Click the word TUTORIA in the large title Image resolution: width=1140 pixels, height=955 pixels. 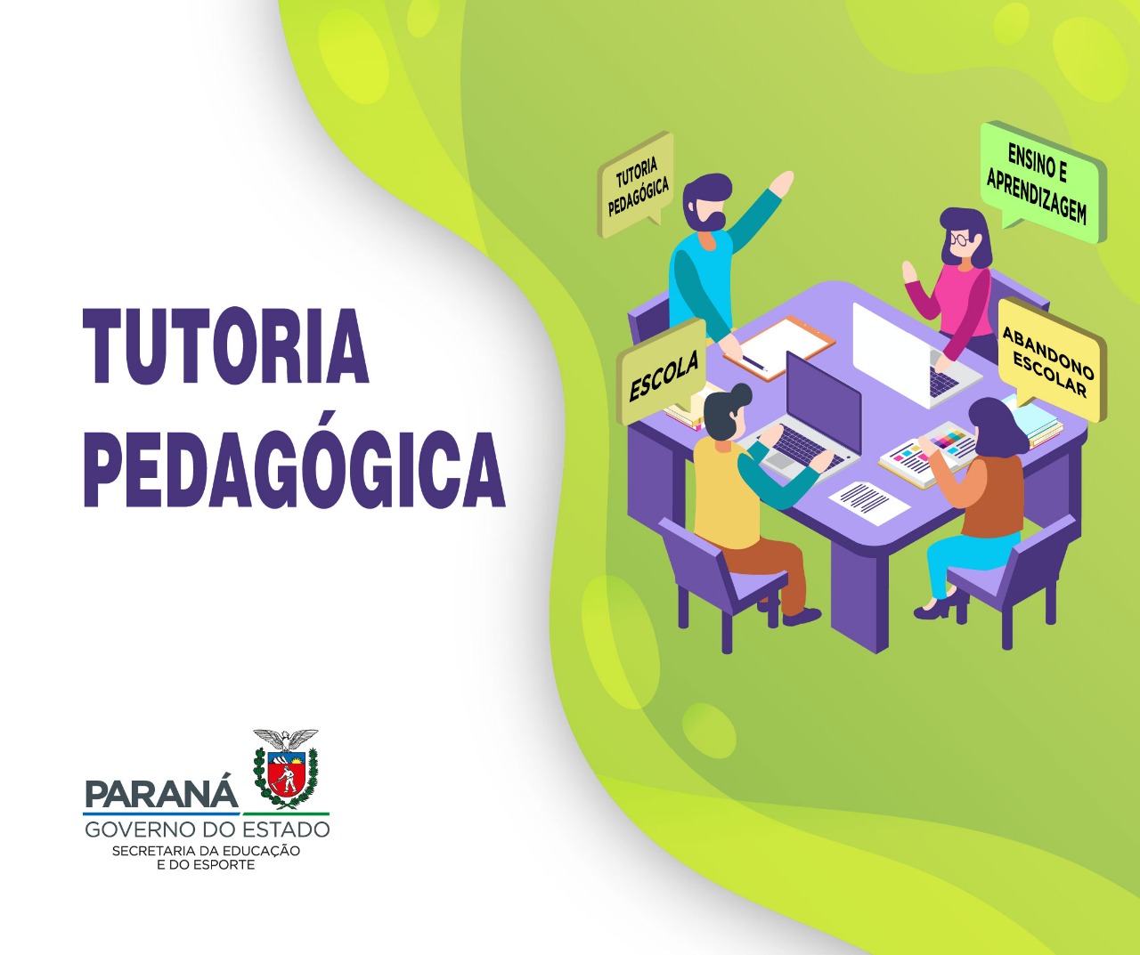(226, 346)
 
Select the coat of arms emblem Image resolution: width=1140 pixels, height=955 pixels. (286, 769)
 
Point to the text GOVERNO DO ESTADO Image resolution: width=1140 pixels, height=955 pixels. (207, 830)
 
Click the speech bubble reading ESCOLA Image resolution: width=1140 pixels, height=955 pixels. (663, 373)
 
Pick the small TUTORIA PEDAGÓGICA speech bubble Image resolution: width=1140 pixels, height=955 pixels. (637, 184)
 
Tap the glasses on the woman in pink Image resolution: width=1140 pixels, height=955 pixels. (960, 239)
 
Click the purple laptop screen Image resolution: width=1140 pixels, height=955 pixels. (823, 402)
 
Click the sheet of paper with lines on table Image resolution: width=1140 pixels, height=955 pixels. (869, 503)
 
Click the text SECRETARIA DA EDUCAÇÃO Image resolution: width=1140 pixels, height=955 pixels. (206, 851)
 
